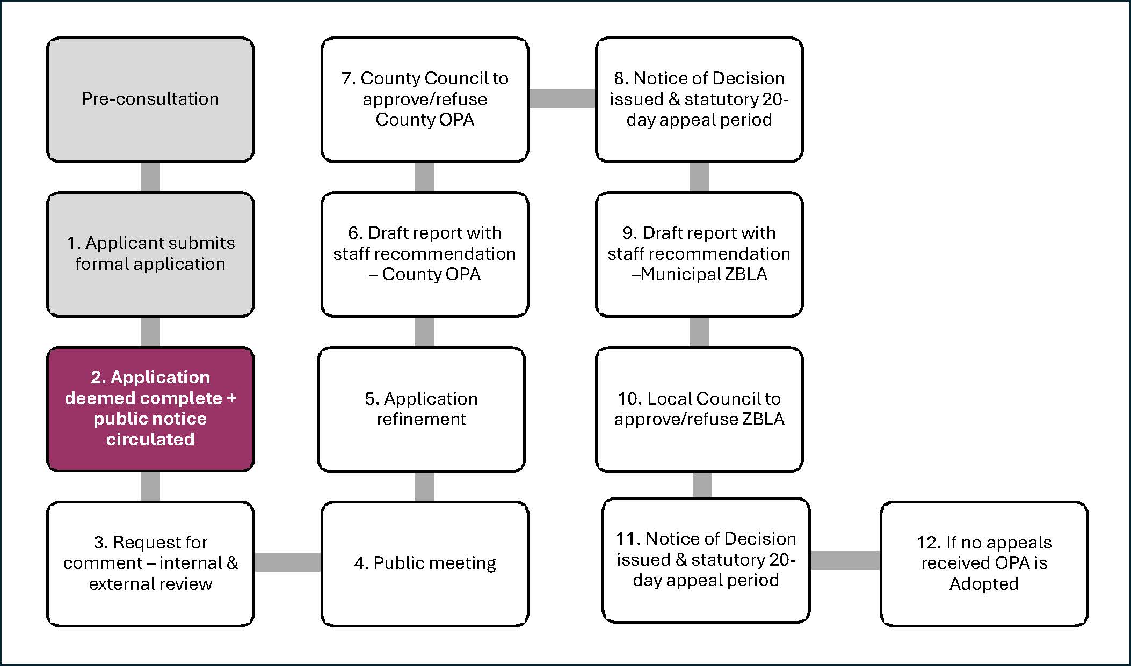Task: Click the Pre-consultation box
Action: pyautogui.click(x=150, y=100)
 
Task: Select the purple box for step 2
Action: pyautogui.click(x=150, y=409)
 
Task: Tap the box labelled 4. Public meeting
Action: pyautogui.click(x=425, y=563)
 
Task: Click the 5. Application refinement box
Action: pyautogui.click(x=422, y=409)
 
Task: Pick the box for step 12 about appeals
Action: pyautogui.click(x=984, y=563)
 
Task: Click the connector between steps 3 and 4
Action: pyautogui.click(x=288, y=562)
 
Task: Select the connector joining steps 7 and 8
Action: pyautogui.click(x=562, y=98)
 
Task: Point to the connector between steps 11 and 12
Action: pyautogui.click(x=845, y=560)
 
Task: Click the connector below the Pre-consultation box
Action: pyautogui.click(x=150, y=177)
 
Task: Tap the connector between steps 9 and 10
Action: pyautogui.click(x=699, y=332)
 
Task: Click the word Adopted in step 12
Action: pyautogui.click(x=984, y=584)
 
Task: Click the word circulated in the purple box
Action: pyautogui.click(x=150, y=440)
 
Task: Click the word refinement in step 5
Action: pyautogui.click(x=422, y=419)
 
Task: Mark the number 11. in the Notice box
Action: pyautogui.click(x=628, y=539)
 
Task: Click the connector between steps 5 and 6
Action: pyautogui.click(x=425, y=332)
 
